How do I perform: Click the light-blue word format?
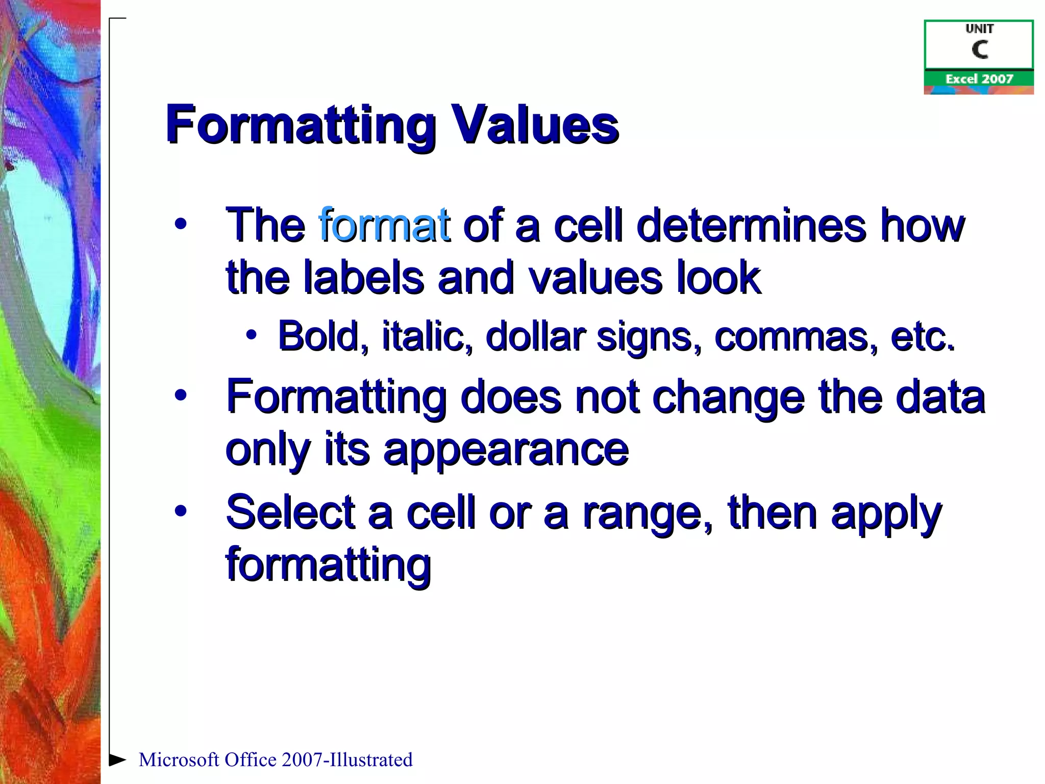[x=384, y=225]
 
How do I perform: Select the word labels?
[x=363, y=278]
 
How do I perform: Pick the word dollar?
[x=535, y=336]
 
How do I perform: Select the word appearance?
[x=506, y=450]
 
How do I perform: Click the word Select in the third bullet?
[x=290, y=512]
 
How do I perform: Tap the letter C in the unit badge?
[x=979, y=50]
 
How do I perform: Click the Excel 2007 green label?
[x=979, y=79]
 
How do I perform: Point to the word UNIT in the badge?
[x=979, y=29]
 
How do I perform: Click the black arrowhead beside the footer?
[x=117, y=759]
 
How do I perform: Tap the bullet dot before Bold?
[x=251, y=335]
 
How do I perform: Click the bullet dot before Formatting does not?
[x=180, y=396]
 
